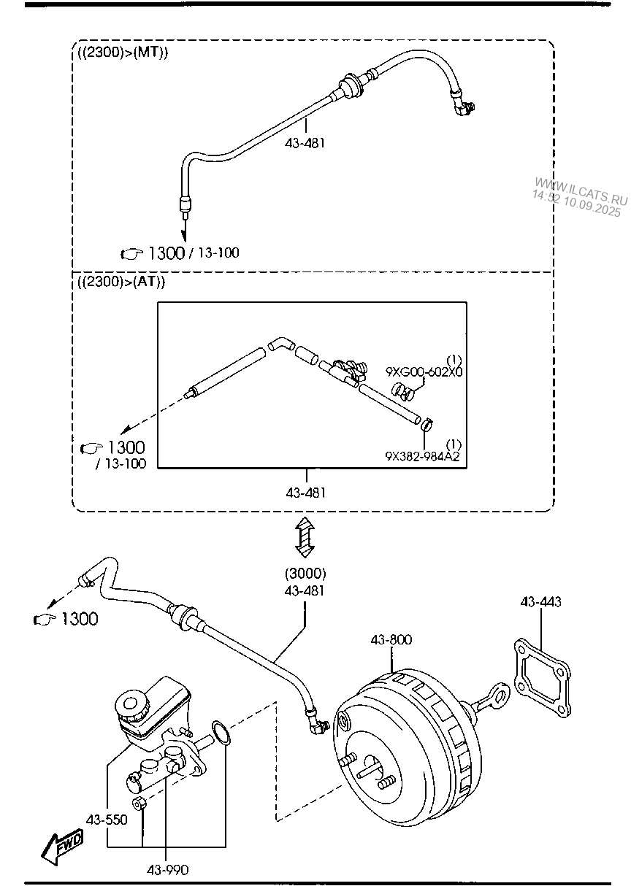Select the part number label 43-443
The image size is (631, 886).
click(x=540, y=602)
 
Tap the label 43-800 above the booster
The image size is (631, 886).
click(x=391, y=639)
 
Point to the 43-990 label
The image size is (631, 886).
click(x=167, y=870)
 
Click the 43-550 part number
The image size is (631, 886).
click(x=107, y=820)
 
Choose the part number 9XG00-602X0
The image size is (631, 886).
click(x=424, y=372)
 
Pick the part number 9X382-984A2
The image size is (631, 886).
click(x=423, y=456)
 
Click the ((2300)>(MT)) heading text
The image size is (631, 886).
click(x=123, y=53)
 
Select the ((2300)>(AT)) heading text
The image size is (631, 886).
click(x=121, y=282)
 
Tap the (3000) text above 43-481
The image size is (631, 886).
click(x=305, y=573)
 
